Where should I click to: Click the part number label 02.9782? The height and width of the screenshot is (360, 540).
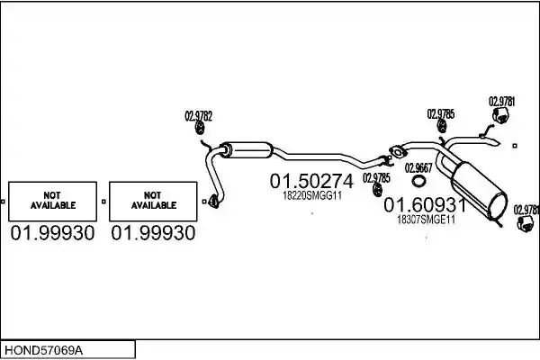click(198, 116)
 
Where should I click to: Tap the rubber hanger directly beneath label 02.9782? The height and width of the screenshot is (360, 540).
click(200, 128)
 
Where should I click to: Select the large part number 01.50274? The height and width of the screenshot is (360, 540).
click(311, 181)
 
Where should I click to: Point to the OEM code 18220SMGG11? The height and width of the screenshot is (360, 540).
click(312, 195)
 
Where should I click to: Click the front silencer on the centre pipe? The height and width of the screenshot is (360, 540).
click(247, 150)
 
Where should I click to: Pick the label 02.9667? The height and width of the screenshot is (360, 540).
click(418, 168)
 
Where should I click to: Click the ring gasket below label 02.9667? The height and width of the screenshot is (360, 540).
click(418, 181)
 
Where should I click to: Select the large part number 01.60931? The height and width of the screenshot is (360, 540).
click(425, 205)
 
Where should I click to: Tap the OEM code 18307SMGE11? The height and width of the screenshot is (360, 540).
click(426, 220)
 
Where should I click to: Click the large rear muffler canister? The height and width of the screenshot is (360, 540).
click(480, 191)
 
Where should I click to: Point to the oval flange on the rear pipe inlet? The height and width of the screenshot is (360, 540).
click(398, 151)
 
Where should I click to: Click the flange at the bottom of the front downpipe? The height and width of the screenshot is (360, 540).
click(214, 202)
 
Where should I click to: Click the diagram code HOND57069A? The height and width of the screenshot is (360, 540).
click(43, 351)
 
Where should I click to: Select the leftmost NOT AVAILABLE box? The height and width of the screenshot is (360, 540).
click(53, 202)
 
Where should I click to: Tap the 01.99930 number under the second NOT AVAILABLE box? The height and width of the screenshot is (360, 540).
click(153, 233)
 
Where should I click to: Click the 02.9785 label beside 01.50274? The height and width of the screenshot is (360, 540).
click(376, 178)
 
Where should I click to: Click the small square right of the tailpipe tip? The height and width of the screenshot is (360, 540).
click(515, 146)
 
